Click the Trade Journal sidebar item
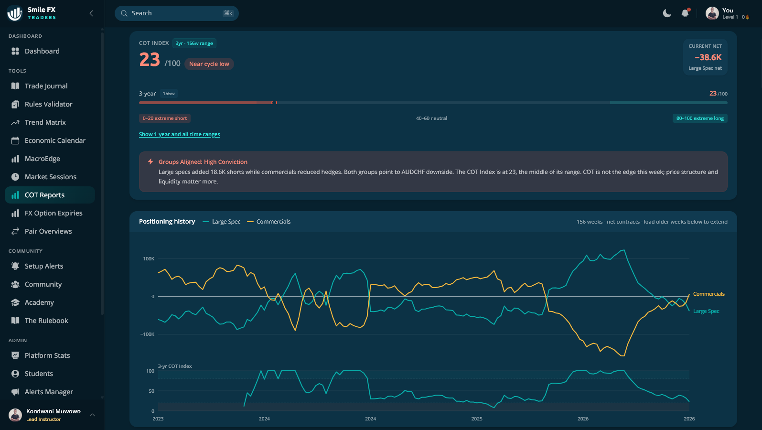pos(46,86)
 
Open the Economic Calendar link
pos(55,140)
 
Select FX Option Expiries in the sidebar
pos(54,213)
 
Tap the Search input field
pos(177,13)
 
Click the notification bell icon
pos(685,13)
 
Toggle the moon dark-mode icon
pos(667,13)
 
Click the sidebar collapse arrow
pos(91,13)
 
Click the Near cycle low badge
pos(209,64)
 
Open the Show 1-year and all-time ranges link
pos(179,134)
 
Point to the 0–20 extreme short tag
pos(165,118)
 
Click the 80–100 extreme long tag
pos(700,118)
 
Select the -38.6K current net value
pos(708,57)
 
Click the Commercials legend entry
pos(269,222)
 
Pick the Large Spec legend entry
pos(222,222)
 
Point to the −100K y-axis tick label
pos(147,334)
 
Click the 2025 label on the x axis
pos(477,419)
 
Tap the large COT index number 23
pos(150,60)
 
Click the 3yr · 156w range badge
pos(194,43)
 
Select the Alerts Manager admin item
pos(49,392)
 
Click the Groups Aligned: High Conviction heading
pos(203,162)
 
